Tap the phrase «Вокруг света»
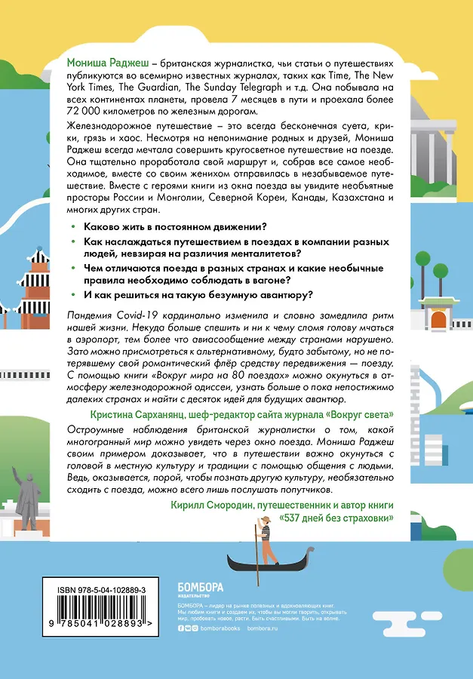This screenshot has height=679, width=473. click(x=358, y=414)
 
